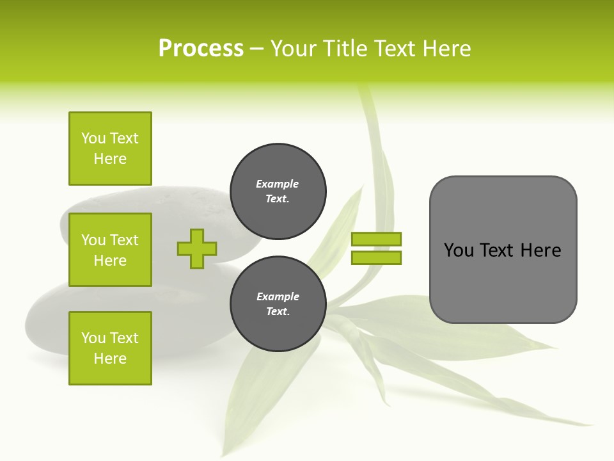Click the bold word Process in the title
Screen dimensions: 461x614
201,49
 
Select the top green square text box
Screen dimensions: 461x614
110,149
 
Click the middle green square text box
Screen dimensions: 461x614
110,250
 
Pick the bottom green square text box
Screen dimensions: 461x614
110,348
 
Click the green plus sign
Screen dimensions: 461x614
197,248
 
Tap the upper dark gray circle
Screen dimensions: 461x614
278,191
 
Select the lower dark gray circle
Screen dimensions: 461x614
278,304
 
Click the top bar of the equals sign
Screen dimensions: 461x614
376,239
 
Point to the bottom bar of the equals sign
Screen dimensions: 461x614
376,257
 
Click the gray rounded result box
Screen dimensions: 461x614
503,249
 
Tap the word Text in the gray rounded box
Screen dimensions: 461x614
498,250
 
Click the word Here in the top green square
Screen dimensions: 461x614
110,159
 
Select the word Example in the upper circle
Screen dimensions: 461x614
278,184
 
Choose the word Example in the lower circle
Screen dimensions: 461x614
278,296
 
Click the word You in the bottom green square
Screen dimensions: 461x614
93,338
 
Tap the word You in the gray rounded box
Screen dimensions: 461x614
459,250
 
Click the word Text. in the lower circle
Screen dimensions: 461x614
278,312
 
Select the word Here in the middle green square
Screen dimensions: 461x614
110,261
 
